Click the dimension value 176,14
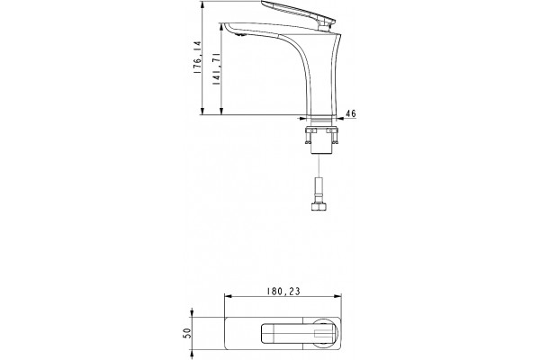coord(197,58)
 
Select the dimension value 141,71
coord(216,69)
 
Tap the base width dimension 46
coord(351,113)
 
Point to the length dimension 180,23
coord(283,292)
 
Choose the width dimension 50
coord(187,333)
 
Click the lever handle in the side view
coord(298,13)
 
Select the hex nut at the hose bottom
coord(319,206)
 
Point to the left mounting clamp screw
coord(309,137)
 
